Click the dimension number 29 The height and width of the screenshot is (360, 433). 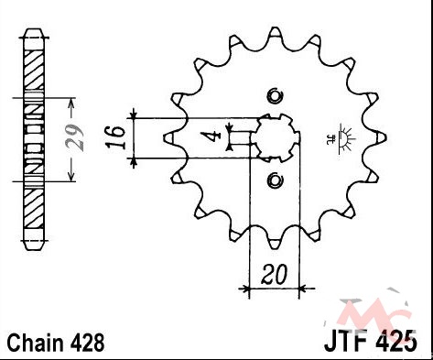point(75,137)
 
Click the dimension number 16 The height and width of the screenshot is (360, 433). point(115,137)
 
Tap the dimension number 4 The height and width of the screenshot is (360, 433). point(211,136)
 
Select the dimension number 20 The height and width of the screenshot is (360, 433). point(274,274)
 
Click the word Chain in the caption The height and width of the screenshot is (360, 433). point(36,343)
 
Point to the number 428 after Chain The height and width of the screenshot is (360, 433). point(87,343)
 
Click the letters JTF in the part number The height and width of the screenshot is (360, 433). point(347,340)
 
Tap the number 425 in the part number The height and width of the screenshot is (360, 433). point(396,340)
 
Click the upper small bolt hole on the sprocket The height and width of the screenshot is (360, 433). point(275,96)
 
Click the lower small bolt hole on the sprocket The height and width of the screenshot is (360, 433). point(275,180)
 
